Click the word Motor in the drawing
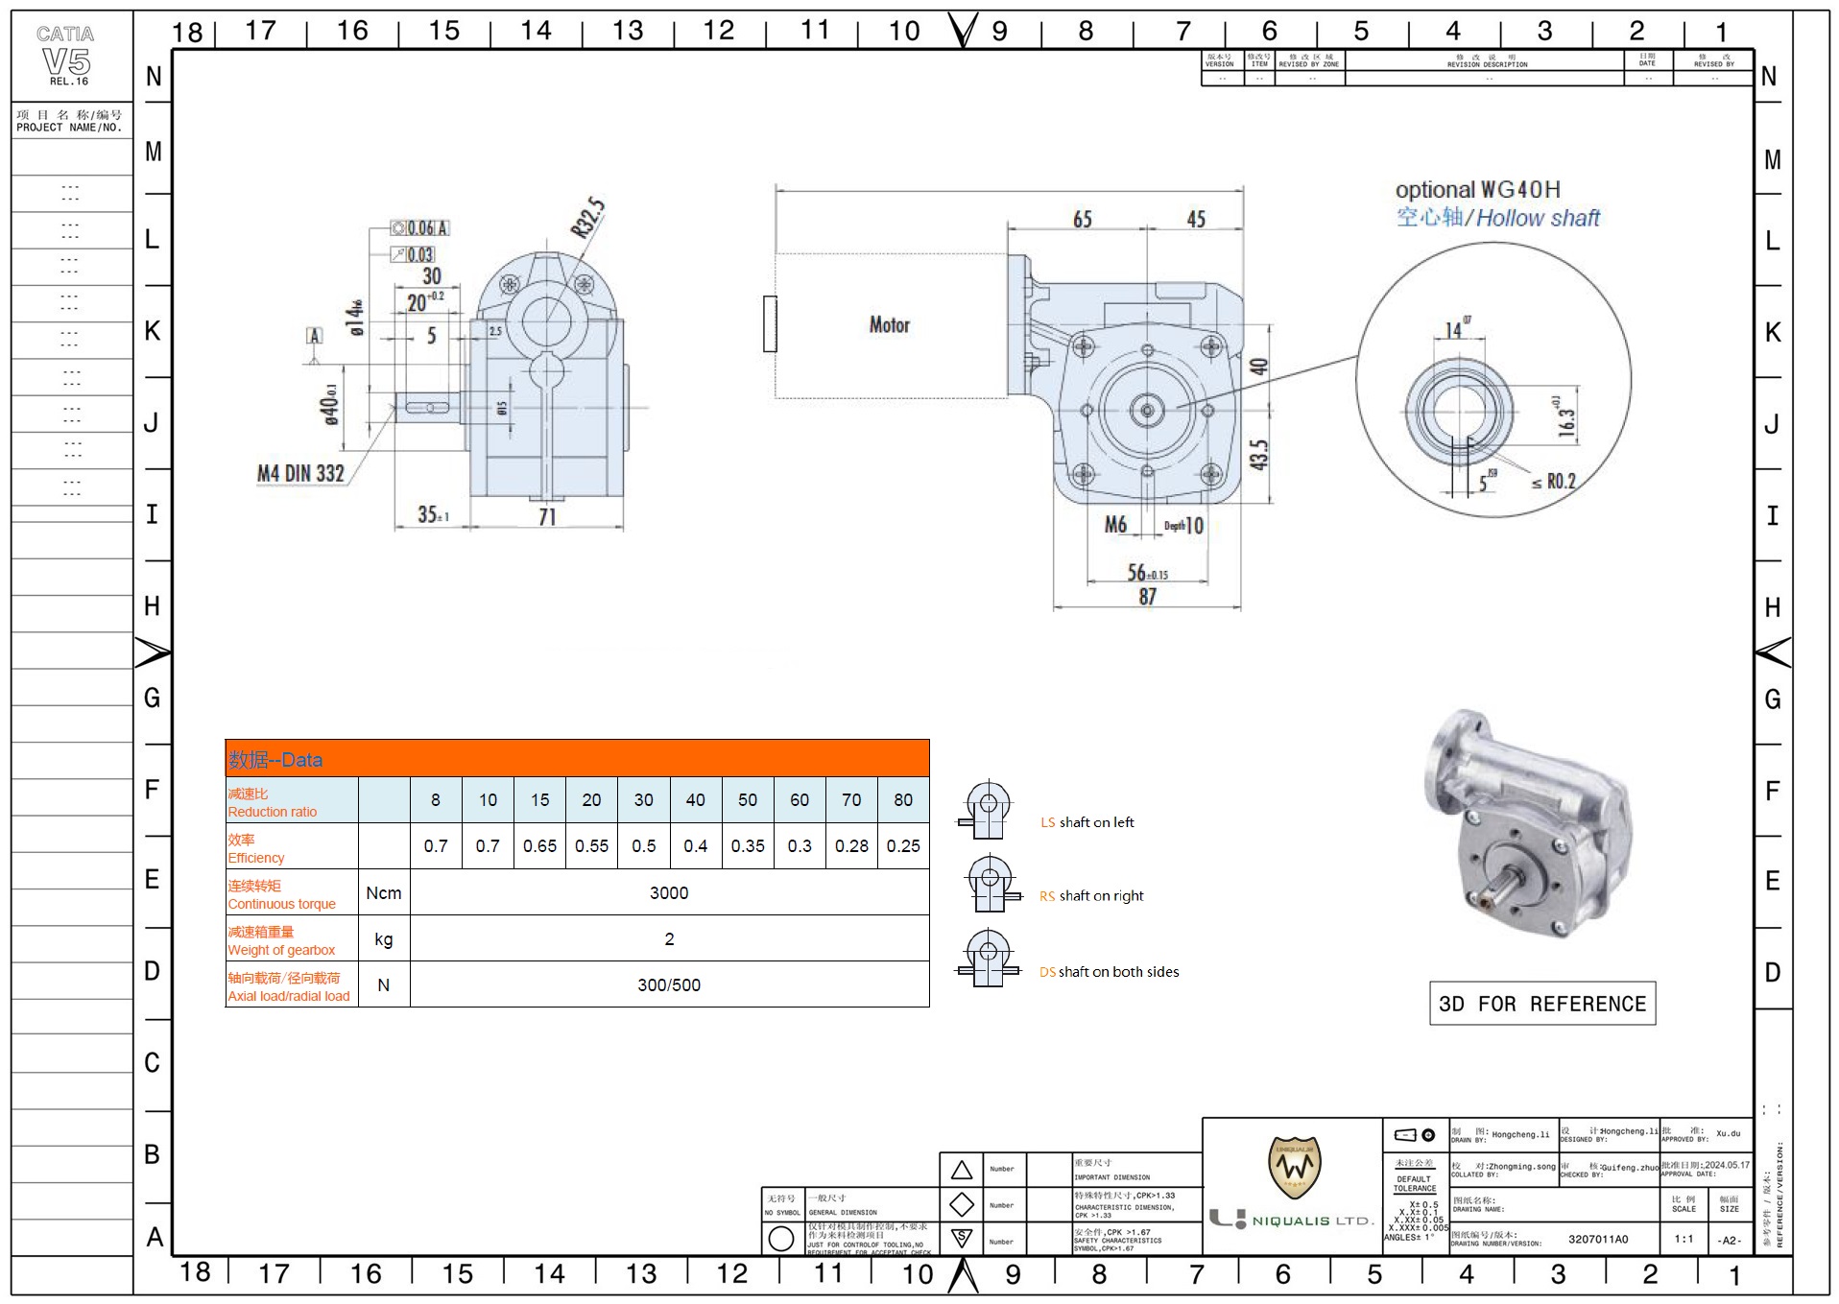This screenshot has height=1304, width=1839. (x=889, y=325)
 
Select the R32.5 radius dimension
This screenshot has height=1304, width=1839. (x=587, y=217)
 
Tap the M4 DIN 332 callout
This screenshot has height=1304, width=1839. (x=300, y=473)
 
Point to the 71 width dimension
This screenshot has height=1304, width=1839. (x=546, y=517)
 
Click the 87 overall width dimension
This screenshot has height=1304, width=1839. (x=1147, y=597)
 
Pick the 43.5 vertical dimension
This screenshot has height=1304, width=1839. (x=1258, y=454)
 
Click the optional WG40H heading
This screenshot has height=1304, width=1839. (x=1477, y=190)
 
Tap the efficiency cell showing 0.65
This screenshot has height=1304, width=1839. (x=539, y=846)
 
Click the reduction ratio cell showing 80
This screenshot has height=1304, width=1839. (x=902, y=800)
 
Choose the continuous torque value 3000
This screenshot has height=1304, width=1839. (x=668, y=893)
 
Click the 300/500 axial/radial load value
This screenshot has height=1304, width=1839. (x=668, y=985)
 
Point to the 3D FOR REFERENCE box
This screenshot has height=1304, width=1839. (x=1541, y=1004)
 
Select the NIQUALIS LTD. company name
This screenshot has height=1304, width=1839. (x=1312, y=1221)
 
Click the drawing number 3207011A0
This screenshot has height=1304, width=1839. (x=1598, y=1239)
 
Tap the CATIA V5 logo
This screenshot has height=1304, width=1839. (x=66, y=56)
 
